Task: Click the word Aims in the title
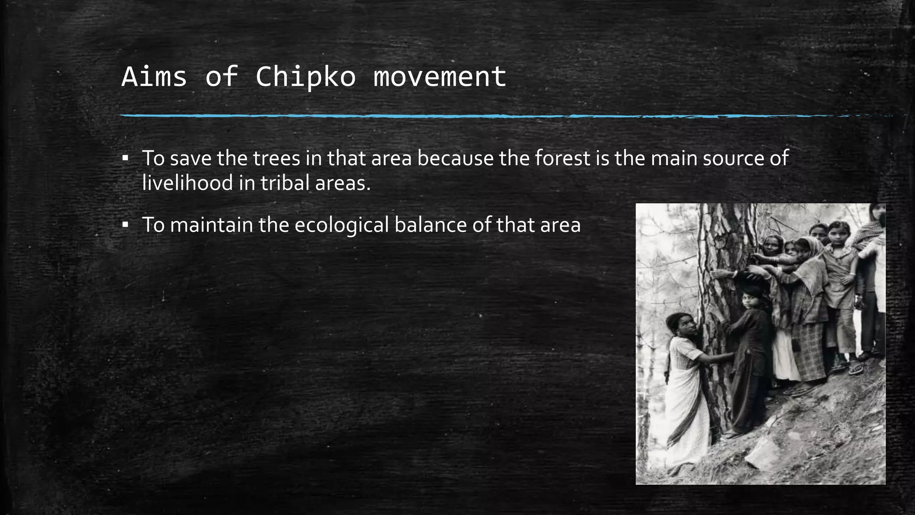pos(154,76)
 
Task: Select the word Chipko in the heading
pos(306,76)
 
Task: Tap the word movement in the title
pos(440,76)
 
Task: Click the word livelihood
pos(188,183)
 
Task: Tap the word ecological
pos(341,225)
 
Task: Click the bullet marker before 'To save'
pos(125,158)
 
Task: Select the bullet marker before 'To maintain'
pos(125,224)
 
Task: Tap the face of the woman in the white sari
pos(680,326)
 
